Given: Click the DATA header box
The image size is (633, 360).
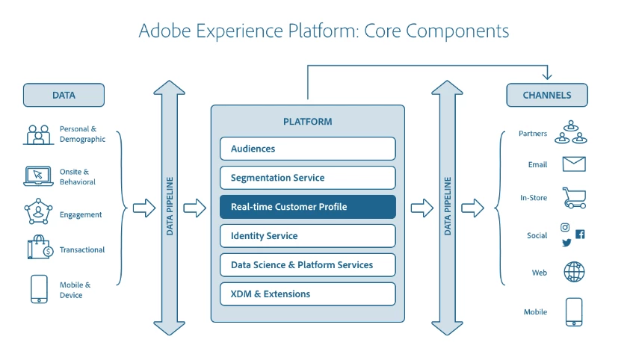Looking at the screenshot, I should tap(64, 95).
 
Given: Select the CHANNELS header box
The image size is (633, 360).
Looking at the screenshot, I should tap(546, 95).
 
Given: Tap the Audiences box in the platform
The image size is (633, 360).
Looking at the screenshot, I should tap(307, 149).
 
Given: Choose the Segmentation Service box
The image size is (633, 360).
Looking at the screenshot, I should tap(307, 178).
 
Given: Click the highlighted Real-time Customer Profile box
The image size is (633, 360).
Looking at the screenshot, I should tap(307, 207).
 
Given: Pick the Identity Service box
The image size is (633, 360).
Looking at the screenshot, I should tap(307, 236).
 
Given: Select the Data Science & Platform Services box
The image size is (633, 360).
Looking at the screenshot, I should tap(307, 264).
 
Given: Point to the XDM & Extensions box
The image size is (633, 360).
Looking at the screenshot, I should tap(307, 294).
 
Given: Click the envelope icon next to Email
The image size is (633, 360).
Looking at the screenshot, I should tap(573, 164).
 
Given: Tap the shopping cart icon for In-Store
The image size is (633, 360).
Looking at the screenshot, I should tap(573, 198).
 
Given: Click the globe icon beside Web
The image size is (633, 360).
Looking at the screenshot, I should tap(574, 272).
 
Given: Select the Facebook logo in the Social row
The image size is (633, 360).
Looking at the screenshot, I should tap(580, 234).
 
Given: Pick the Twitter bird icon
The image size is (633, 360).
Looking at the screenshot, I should tap(566, 243).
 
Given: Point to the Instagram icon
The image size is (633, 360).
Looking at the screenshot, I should tap(566, 228).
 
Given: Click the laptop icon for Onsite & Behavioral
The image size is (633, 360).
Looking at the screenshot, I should tap(37, 176).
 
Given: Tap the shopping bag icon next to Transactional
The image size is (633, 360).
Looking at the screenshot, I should tap(38, 249).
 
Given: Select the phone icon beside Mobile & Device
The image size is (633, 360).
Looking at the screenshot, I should tap(39, 290).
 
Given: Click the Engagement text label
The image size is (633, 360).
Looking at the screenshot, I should tap(81, 215).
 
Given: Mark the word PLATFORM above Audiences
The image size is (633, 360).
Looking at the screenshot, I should tap(307, 122).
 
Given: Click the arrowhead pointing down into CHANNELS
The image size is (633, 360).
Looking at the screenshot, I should tap(546, 76).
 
